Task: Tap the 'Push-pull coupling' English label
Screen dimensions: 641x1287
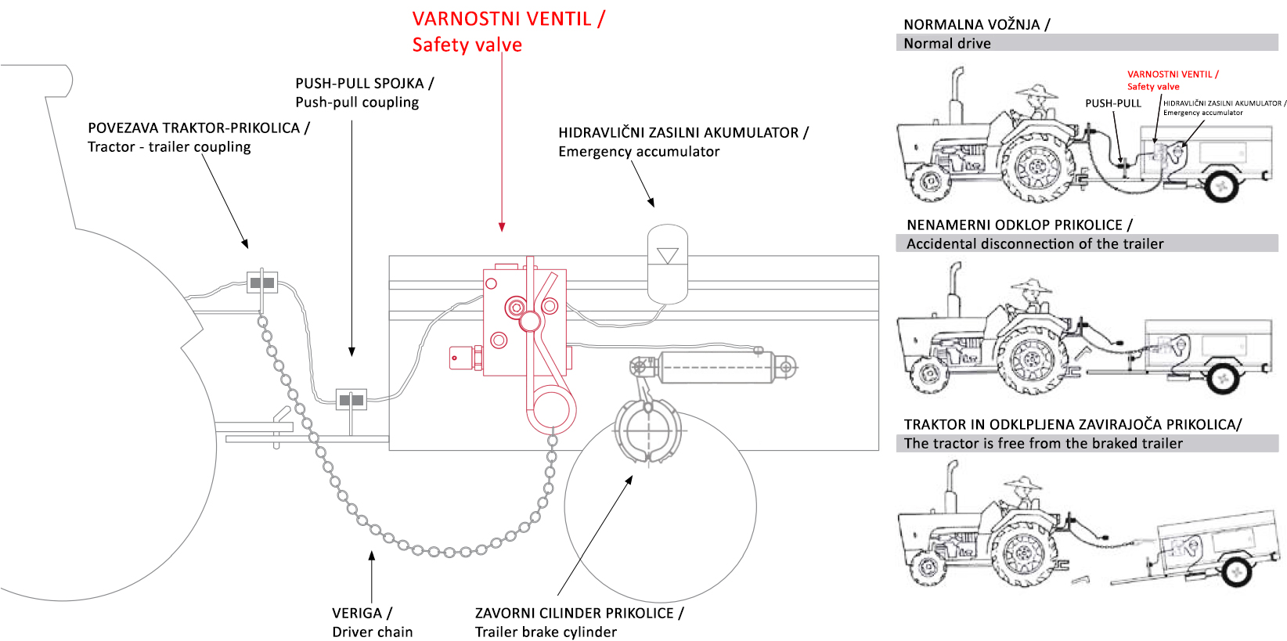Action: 357,103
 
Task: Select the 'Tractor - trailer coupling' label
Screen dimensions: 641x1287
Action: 169,147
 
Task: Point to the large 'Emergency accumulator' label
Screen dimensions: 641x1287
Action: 639,152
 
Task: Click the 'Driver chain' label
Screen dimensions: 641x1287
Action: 372,632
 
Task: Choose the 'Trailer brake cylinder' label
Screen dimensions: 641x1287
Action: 546,632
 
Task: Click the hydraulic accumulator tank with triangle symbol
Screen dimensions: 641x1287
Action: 668,264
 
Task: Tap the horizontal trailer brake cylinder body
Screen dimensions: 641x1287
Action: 716,367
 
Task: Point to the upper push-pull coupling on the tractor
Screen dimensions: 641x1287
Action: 262,283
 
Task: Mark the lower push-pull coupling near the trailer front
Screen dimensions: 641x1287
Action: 351,400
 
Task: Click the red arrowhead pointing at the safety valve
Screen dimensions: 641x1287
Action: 502,227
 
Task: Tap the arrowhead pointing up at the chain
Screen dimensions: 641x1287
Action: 372,555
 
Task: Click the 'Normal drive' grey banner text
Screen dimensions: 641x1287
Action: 947,44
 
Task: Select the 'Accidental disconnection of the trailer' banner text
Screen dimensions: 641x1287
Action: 1035,244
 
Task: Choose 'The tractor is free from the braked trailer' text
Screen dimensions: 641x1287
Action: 1043,444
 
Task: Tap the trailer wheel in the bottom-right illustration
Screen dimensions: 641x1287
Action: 1236,571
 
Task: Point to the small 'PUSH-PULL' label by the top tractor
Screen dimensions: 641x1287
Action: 1112,103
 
